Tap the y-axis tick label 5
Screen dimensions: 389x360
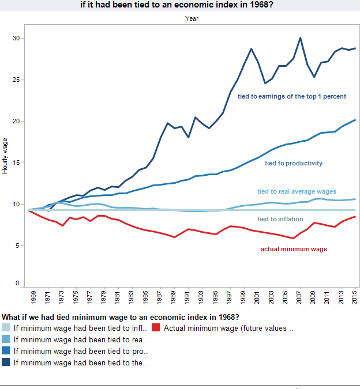tap(18, 246)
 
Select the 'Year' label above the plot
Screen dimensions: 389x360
tap(192, 18)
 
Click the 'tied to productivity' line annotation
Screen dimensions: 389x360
tap(294, 163)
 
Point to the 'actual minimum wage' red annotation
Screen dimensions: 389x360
tap(294, 249)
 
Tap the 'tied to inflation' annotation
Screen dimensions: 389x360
tap(280, 219)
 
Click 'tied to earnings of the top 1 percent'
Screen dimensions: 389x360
tap(292, 96)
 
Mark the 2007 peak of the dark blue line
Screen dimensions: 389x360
tap(300, 38)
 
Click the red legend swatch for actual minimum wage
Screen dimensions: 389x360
tap(156, 328)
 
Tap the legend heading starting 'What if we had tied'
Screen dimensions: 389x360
tap(121, 317)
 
